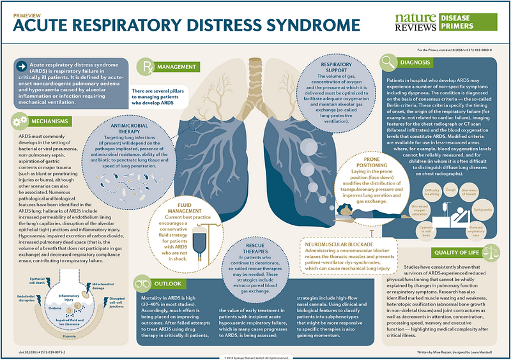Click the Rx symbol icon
(147, 66)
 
